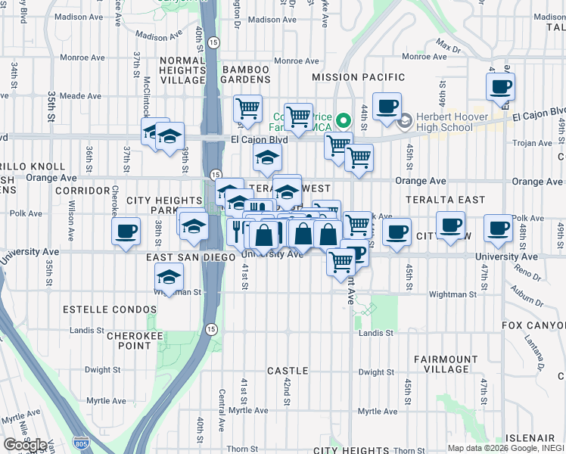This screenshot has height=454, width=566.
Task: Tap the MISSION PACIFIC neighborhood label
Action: [x=358, y=77]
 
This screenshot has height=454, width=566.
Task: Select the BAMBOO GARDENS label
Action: [x=246, y=74]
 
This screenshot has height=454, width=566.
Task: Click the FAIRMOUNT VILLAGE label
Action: [x=446, y=364]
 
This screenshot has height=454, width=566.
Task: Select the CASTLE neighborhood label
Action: [x=288, y=371]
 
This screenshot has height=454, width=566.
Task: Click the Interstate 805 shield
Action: [x=79, y=440]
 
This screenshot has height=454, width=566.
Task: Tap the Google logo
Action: [x=25, y=445]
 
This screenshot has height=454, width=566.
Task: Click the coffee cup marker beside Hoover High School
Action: [x=387, y=106]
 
